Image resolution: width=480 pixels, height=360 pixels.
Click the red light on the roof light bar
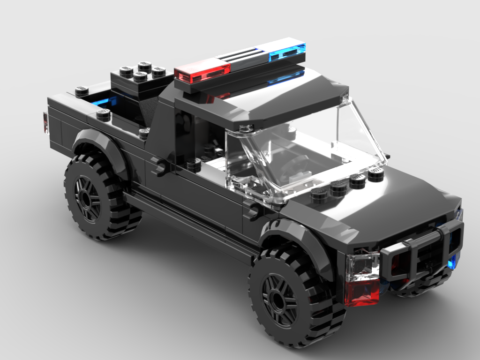click(202, 72)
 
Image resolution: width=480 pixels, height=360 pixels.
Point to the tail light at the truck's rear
click(45, 122)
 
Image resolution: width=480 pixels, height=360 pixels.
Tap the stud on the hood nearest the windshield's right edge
click(375, 176)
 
